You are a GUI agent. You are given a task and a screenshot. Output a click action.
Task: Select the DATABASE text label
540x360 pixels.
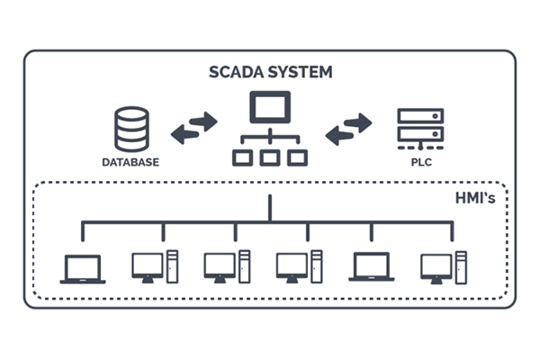point(130,163)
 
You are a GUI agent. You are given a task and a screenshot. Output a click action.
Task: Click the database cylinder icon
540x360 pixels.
point(131,130)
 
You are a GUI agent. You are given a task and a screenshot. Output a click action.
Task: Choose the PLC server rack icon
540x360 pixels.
point(420,130)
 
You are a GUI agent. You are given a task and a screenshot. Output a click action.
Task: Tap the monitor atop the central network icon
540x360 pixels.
point(270,108)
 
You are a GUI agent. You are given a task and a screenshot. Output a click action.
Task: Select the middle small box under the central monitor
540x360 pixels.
point(270,157)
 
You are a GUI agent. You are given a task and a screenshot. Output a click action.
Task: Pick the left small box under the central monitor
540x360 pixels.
point(242,157)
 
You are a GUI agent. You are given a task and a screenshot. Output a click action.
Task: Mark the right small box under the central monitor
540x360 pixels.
point(297,157)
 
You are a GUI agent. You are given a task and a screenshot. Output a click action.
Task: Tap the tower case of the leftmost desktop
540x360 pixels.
point(171,265)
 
